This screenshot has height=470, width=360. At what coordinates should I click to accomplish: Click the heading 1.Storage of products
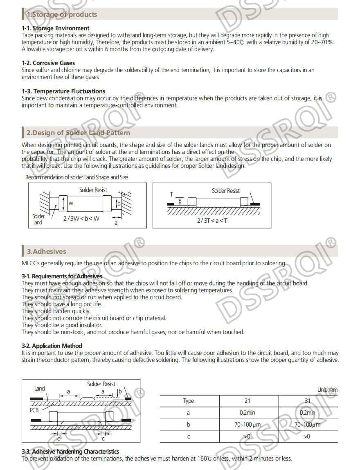(62, 14)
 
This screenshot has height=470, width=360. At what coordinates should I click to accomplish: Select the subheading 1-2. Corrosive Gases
(48, 63)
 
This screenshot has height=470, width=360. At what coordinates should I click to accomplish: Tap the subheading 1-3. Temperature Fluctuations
(63, 91)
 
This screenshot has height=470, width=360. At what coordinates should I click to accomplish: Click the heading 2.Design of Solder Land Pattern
(78, 133)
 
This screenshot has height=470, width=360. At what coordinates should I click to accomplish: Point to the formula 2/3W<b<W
(81, 219)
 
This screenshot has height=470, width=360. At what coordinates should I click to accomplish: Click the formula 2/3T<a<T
(212, 221)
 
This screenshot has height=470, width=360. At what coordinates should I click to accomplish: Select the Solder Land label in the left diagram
(38, 219)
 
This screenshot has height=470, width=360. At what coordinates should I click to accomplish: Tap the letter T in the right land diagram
(172, 194)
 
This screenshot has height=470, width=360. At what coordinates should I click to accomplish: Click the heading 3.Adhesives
(46, 251)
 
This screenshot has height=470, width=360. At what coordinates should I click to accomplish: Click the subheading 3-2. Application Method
(52, 346)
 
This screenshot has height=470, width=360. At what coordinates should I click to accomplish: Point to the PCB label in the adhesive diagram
(34, 410)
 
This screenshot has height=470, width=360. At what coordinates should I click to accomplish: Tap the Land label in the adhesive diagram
(40, 389)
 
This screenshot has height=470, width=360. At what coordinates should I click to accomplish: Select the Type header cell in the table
(189, 401)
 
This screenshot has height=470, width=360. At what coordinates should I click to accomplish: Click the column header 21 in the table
(247, 401)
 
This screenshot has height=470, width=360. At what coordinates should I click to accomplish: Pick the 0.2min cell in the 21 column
(247, 413)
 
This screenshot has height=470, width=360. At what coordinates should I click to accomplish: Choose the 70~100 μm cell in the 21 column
(247, 425)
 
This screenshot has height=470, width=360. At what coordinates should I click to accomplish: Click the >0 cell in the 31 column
(307, 436)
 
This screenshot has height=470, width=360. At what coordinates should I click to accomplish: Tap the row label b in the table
(189, 425)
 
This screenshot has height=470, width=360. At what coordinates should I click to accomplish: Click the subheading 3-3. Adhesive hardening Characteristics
(70, 452)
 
